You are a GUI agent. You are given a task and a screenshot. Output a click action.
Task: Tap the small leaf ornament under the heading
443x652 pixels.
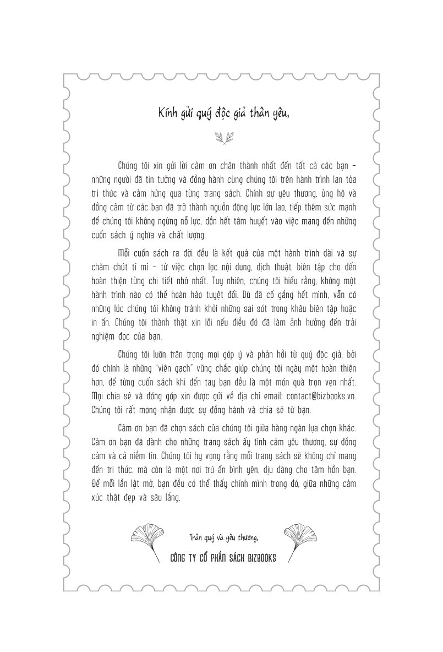[x=221, y=138]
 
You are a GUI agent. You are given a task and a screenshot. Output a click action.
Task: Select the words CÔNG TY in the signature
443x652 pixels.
[x=185, y=557]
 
